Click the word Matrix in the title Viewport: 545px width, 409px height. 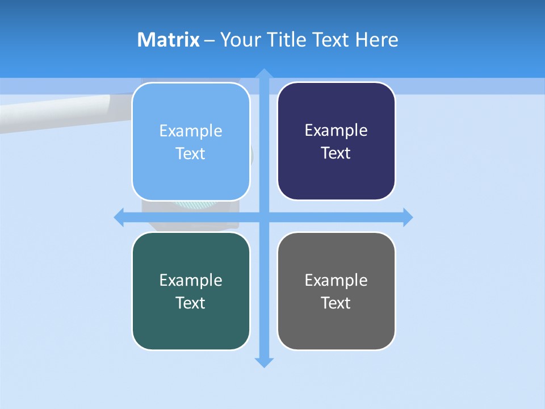coord(168,40)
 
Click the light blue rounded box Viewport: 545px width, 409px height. coord(191,141)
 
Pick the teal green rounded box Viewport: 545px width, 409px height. coord(191,291)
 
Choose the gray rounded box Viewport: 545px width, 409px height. coord(336,291)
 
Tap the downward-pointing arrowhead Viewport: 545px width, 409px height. coord(264,362)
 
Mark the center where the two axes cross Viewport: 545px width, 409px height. coord(264,217)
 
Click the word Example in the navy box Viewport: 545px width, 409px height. coord(336,130)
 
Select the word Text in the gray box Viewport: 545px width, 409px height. coord(336,303)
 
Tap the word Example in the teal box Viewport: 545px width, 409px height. coord(191,280)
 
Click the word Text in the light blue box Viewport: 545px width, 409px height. coord(191,153)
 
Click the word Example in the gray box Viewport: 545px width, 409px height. coord(336,280)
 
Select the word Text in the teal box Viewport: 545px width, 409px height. coord(191,303)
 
